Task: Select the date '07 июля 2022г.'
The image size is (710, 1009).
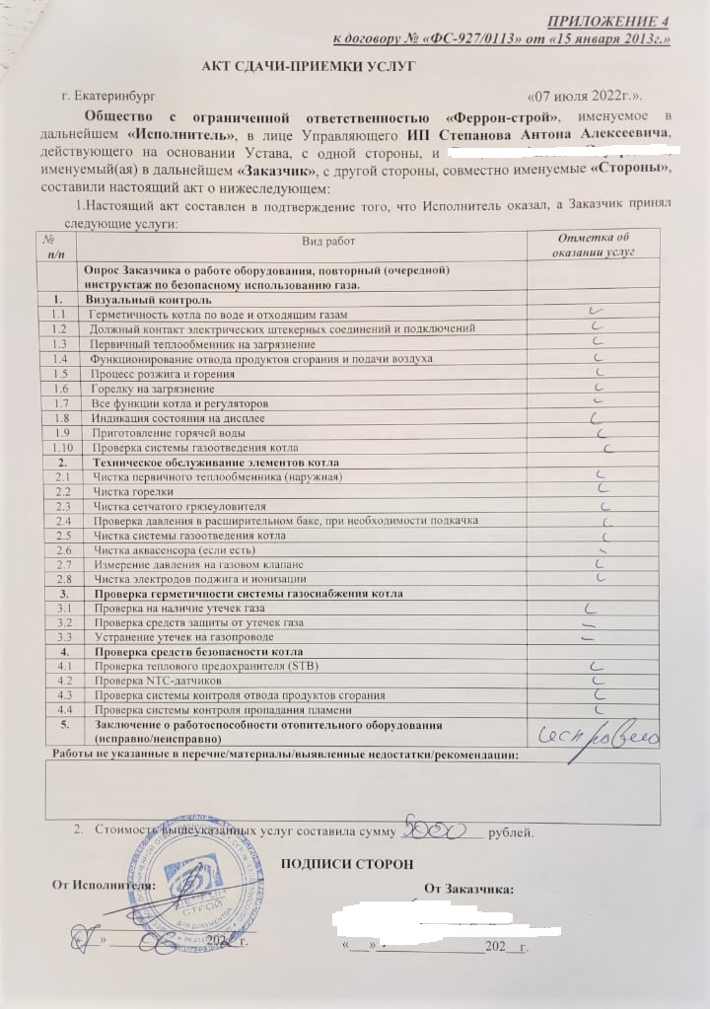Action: click(x=586, y=97)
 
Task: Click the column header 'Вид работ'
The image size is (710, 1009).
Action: click(x=327, y=242)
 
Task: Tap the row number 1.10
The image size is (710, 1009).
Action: click(x=59, y=448)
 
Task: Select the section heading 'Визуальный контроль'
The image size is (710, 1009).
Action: click(x=148, y=298)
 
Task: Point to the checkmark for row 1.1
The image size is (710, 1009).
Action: click(x=595, y=312)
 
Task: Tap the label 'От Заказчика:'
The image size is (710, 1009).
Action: click(x=468, y=889)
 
